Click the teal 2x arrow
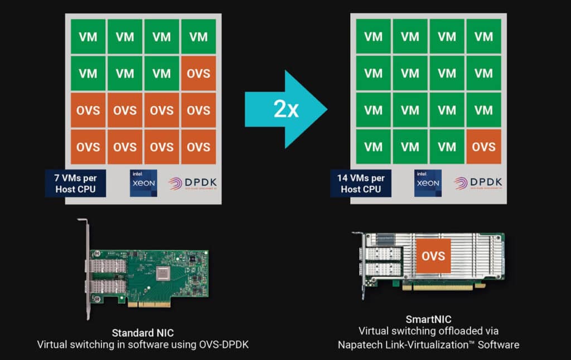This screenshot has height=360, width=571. [x=285, y=109]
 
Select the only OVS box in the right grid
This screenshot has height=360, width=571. [x=483, y=147]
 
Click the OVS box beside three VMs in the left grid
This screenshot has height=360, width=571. [x=198, y=74]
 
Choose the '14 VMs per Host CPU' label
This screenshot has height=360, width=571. [x=360, y=183]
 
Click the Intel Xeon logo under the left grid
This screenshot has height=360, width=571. [x=143, y=183]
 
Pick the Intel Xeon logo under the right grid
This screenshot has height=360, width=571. [x=428, y=183]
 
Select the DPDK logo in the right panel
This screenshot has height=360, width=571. [x=478, y=184]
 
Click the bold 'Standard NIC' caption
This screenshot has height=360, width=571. [x=142, y=332]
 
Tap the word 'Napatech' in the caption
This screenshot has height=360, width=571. [x=361, y=345]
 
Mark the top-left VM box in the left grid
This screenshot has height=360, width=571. [x=88, y=37]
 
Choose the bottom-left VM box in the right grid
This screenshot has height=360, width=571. [x=372, y=147]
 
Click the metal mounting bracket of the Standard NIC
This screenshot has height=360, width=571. [x=87, y=267]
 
